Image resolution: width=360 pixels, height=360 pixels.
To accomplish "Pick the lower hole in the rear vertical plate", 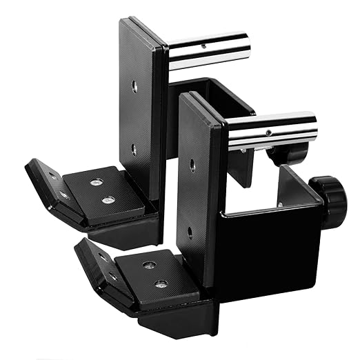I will tap(134, 148).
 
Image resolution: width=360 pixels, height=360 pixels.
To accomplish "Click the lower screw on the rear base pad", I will tap(106, 201).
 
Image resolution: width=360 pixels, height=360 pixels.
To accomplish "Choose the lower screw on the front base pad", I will tap(160, 283).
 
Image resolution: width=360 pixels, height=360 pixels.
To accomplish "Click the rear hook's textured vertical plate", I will tap(141, 114).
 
